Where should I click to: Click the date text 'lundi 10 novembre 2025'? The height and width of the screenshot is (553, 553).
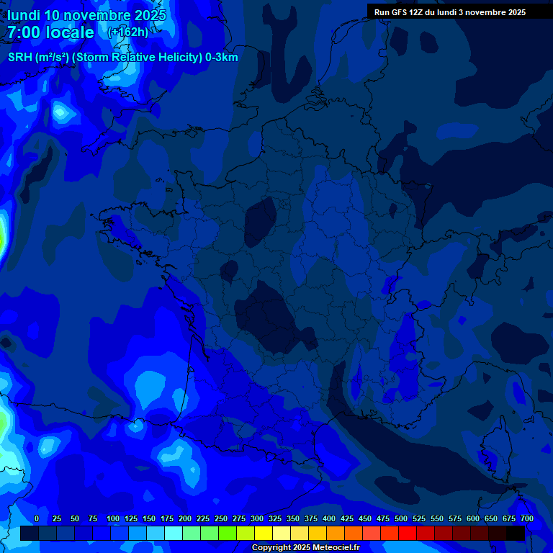tap(87, 15)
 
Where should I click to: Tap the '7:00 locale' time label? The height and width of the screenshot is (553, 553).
tap(50, 32)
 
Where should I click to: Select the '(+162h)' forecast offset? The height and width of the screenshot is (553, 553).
tap(127, 32)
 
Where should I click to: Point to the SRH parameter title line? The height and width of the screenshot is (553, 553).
tap(122, 58)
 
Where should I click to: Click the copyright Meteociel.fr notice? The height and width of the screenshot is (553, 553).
tap(305, 548)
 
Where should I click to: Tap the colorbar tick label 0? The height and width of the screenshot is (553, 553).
tap(37, 518)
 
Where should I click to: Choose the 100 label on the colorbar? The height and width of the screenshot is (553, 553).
tap(112, 518)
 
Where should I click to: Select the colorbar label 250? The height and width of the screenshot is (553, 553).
tap(220, 518)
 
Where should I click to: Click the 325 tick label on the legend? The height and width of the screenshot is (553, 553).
tap(274, 518)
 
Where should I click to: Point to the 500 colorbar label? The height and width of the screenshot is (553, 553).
tap(400, 518)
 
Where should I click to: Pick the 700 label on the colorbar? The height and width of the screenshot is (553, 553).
tap(526, 518)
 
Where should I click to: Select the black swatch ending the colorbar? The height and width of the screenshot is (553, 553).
tap(516, 534)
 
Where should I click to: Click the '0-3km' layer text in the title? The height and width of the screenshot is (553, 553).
tap(221, 58)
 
